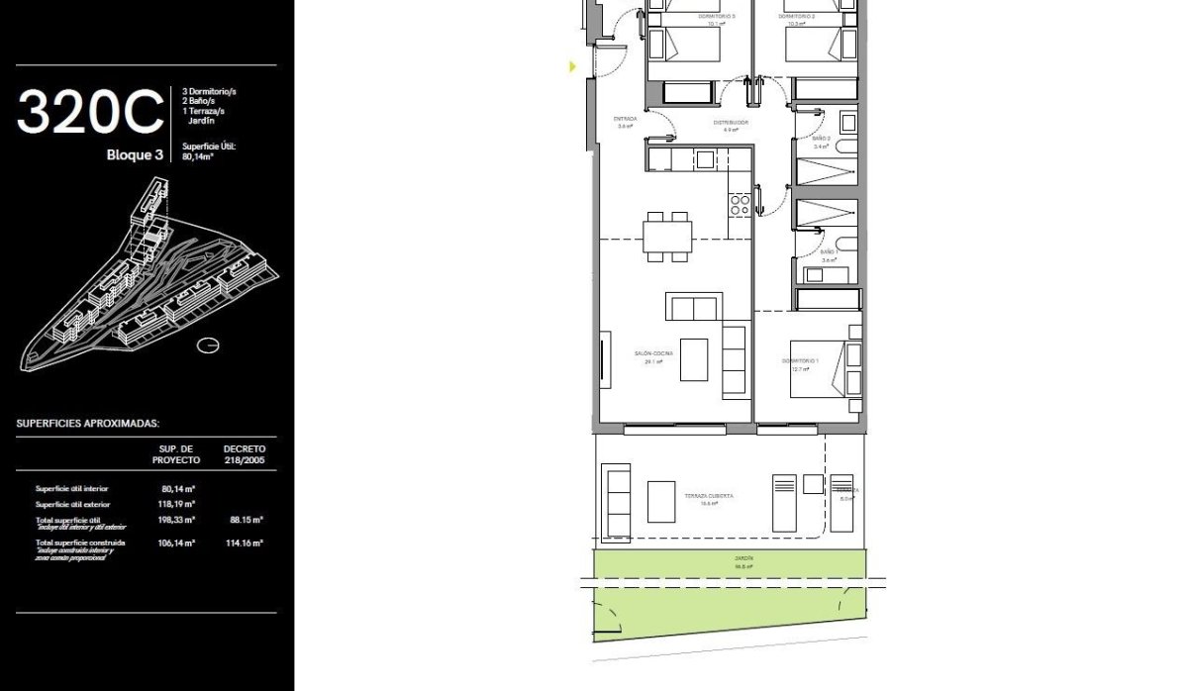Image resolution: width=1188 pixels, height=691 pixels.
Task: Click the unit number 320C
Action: (x=90, y=112)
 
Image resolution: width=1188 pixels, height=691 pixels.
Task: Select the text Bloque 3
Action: (x=135, y=154)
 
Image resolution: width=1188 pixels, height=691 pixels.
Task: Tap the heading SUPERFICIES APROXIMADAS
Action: (x=87, y=423)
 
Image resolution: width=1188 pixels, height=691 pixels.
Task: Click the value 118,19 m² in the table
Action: (x=177, y=504)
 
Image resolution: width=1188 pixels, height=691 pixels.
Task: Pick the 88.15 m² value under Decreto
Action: (x=246, y=519)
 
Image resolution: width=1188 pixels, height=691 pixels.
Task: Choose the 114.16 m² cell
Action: (x=246, y=543)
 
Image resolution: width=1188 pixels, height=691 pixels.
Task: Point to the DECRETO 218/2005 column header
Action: (x=245, y=454)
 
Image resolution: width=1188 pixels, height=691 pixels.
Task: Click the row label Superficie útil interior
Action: (x=72, y=488)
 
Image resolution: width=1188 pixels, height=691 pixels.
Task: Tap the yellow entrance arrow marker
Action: (x=572, y=67)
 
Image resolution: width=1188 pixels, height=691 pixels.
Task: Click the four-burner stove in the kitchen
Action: (x=740, y=205)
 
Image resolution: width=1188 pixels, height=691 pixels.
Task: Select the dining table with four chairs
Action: (x=667, y=237)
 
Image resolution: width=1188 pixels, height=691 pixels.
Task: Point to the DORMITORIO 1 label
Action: (x=800, y=361)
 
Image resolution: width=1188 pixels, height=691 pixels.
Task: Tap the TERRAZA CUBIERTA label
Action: (x=708, y=496)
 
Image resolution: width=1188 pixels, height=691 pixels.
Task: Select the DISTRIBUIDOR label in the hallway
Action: (x=731, y=123)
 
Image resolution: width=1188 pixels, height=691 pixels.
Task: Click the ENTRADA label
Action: (x=625, y=119)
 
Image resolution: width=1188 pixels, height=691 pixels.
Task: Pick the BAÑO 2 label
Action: (x=821, y=139)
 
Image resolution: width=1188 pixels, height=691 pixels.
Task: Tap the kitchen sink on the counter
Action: (x=705, y=158)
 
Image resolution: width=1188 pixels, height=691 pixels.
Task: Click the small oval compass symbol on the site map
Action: (x=207, y=345)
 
